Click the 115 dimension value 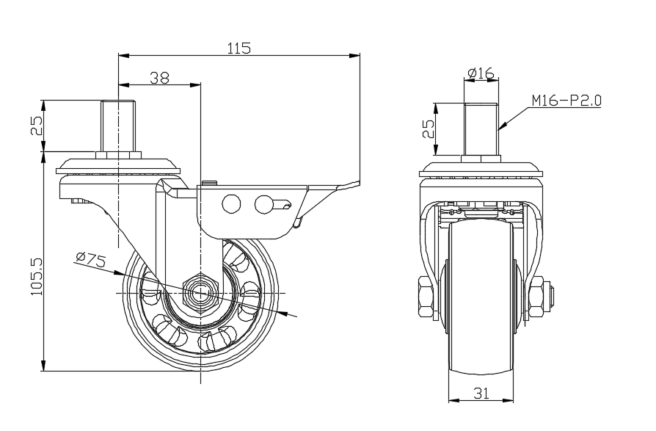point(239,48)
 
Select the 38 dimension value point(160,78)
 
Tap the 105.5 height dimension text point(37,277)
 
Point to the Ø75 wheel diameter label point(91,260)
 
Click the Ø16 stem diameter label point(481,73)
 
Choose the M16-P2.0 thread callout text point(566,101)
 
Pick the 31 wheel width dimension point(481,394)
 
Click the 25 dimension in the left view point(37,125)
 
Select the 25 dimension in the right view point(429,129)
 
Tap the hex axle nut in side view point(201,293)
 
